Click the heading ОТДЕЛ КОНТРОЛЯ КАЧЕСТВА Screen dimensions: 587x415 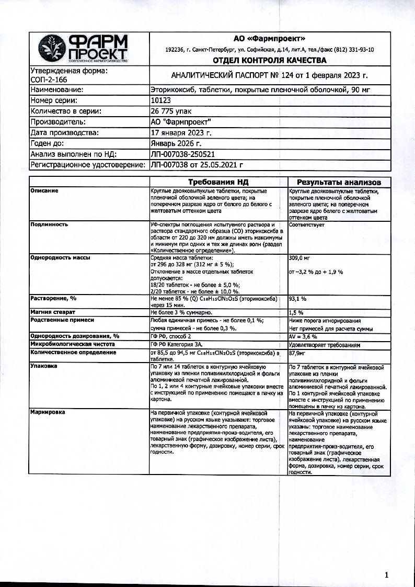coord(269,60)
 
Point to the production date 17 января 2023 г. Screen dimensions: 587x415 coord(180,133)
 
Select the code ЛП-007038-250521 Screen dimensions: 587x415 coord(182,154)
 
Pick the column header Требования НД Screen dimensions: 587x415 coord(218,182)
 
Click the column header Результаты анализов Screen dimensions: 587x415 coord(339,182)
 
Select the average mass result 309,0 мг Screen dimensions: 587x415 coord(299,258)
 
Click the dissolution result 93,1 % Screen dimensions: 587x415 coord(297,298)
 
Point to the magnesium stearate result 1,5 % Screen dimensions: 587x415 coord(296,312)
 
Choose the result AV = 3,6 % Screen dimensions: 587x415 coord(303,336)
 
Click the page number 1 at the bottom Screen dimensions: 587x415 coord(386,575)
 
